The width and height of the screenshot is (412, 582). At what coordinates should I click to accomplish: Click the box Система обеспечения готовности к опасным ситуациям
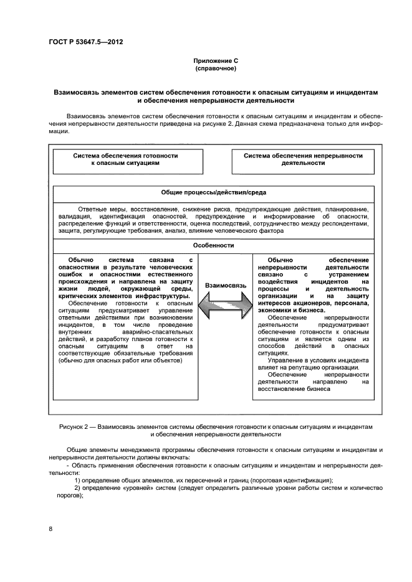(125, 159)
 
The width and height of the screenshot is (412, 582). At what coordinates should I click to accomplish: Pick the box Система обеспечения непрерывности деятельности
(303, 159)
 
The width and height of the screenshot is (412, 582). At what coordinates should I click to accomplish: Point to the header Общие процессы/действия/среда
(213, 193)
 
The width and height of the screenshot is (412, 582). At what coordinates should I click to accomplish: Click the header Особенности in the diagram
(213, 245)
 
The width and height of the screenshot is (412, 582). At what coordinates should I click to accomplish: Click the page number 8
(51, 529)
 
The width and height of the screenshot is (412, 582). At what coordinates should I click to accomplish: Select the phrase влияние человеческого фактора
(227, 231)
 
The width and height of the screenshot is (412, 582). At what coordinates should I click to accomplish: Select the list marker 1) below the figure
(78, 480)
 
